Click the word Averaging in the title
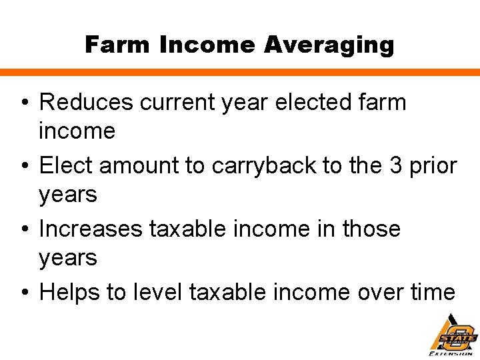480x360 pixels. point(329,45)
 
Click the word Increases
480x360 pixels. point(89,229)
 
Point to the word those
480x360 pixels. point(371,229)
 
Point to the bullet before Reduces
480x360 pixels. point(25,103)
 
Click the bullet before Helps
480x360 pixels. point(25,293)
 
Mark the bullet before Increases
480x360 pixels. point(25,230)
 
